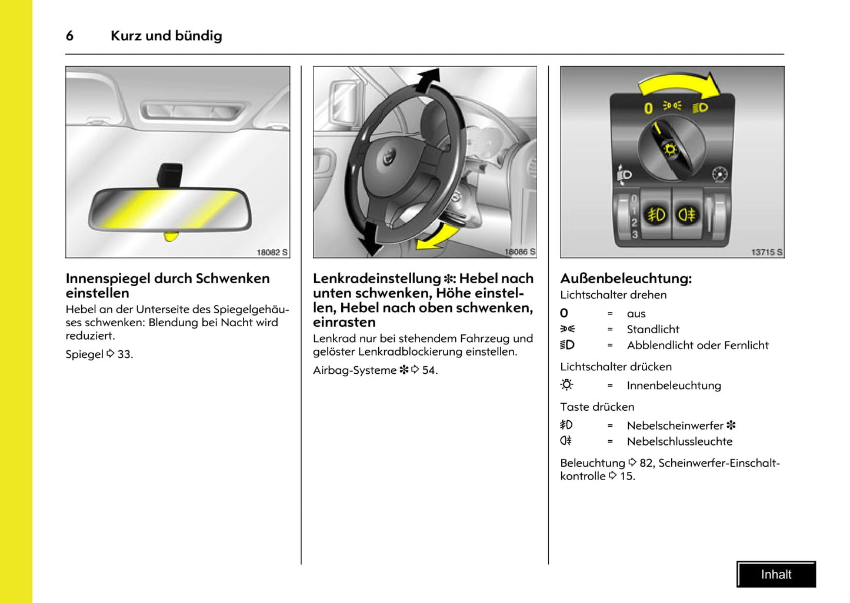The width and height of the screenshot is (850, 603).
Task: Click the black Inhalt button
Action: click(x=776, y=574)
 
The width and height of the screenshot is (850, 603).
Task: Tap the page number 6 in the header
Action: click(x=69, y=36)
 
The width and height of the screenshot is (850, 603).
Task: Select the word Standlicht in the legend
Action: click(x=652, y=329)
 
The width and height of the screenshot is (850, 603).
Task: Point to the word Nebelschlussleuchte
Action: click(x=679, y=441)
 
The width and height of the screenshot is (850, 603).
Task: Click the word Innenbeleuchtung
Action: click(x=674, y=386)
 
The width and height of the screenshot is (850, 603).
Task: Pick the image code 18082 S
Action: click(x=272, y=252)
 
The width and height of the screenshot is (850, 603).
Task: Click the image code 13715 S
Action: click(x=766, y=252)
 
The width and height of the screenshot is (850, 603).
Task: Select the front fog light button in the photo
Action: click(x=656, y=215)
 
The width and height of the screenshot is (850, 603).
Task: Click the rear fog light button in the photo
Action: click(x=687, y=215)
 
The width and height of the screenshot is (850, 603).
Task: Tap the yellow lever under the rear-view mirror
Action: click(x=171, y=236)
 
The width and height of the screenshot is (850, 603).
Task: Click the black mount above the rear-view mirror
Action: click(x=169, y=175)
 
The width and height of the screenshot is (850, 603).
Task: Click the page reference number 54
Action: click(x=429, y=370)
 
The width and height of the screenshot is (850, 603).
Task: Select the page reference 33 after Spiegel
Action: click(x=124, y=354)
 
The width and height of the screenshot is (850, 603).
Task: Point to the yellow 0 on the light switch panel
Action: click(x=648, y=108)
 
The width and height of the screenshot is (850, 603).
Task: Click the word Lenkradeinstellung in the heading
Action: click(x=376, y=278)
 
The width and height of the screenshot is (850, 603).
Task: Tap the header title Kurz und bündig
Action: click(x=166, y=36)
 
